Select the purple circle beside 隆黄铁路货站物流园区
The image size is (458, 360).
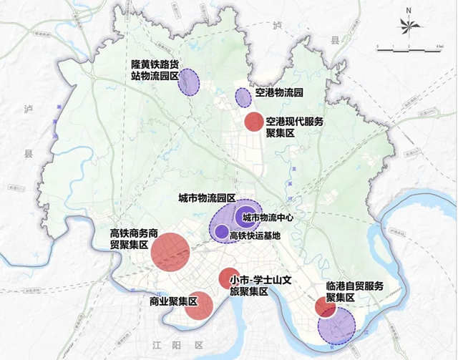189,82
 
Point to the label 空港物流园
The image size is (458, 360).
279,93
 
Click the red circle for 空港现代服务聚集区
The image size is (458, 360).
253,122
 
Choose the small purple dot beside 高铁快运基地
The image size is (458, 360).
222,232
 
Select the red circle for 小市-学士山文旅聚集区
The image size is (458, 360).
228,278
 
